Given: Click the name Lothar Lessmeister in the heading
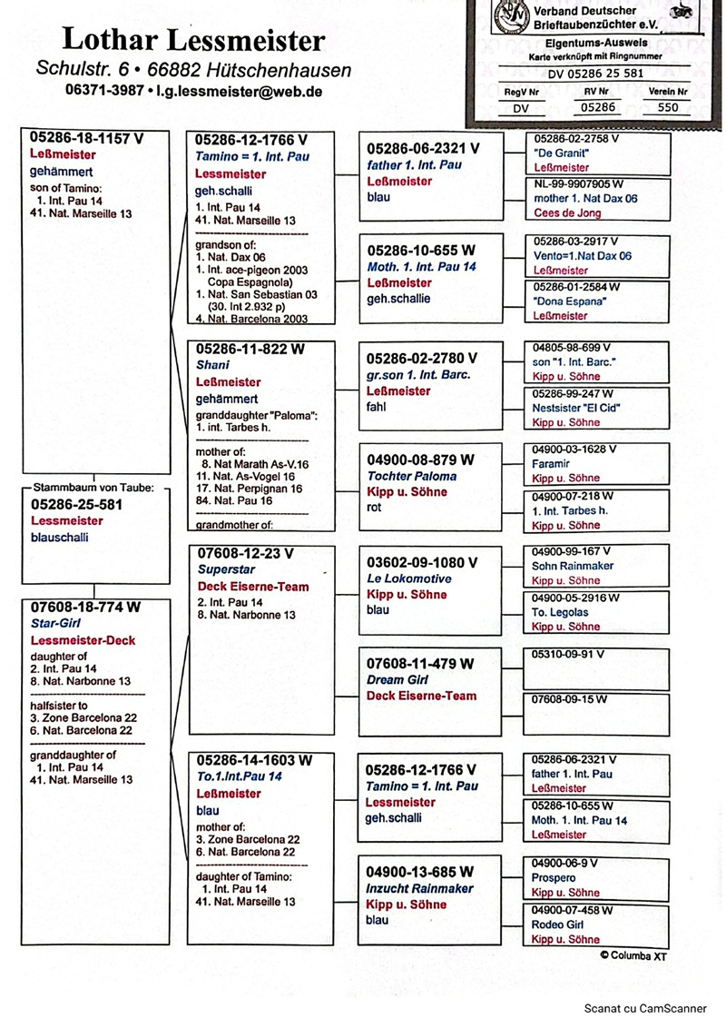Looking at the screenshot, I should coord(192,40).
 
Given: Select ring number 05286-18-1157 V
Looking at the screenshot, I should coord(86,138).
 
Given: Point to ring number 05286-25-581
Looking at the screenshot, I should coord(76,504).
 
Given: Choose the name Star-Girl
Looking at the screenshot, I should coord(55,624).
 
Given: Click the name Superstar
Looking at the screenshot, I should coord(221,569).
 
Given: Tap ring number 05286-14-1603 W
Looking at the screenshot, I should coord(254,760).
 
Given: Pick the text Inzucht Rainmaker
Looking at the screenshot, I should coord(419,888).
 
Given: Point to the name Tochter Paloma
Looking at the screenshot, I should coord(412,476).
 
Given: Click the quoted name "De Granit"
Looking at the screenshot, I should coord(557,153).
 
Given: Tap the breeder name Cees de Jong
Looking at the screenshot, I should coord(566,213).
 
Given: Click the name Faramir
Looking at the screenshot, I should coord(552,464).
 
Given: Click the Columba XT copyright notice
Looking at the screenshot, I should coord(633,955).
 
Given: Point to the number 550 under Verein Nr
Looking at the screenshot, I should coord(667,106).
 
